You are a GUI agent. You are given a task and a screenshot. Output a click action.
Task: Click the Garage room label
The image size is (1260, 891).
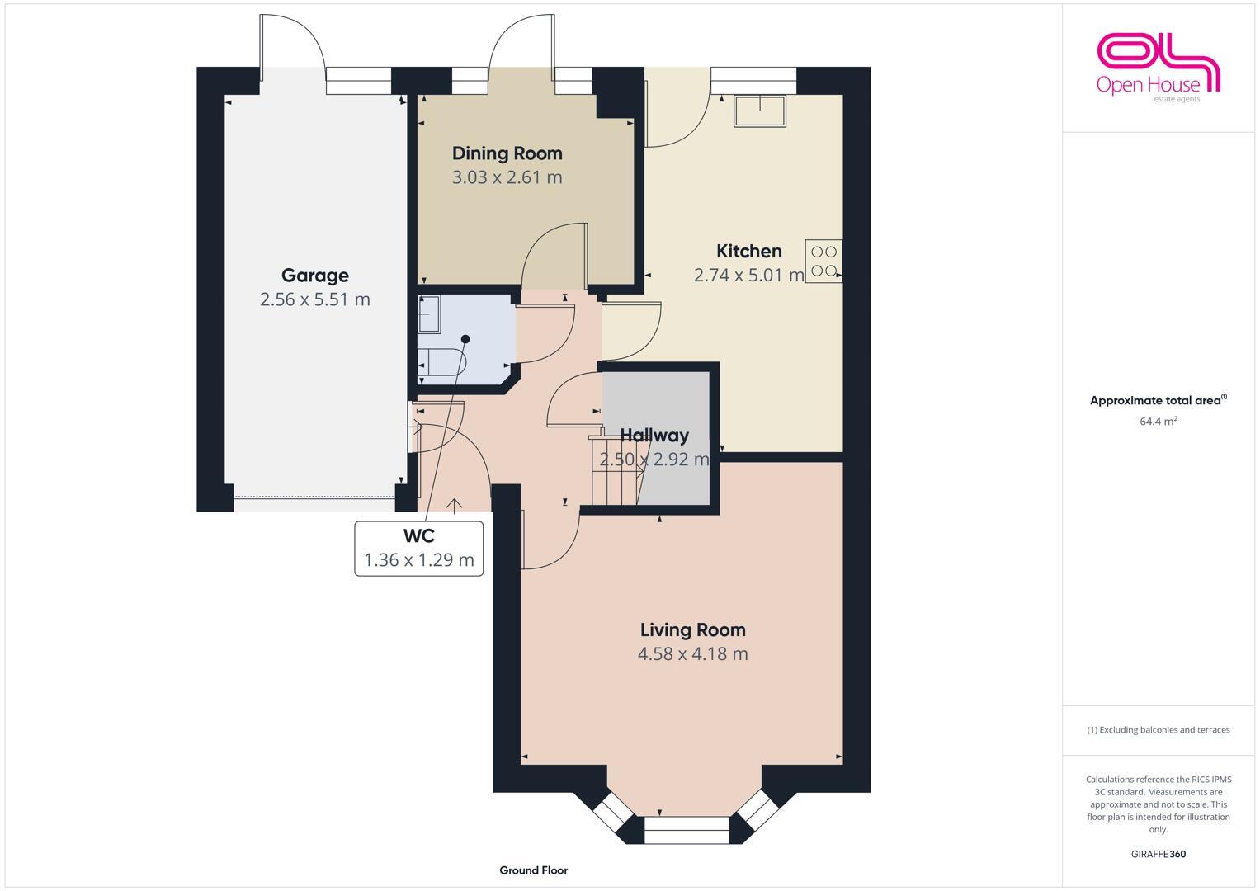[314, 276]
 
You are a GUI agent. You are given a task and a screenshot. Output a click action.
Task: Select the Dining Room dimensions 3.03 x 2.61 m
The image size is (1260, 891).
[507, 177]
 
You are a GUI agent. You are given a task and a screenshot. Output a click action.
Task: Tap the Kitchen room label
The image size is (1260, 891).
[748, 251]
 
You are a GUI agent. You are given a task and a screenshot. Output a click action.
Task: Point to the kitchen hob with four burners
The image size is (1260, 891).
[824, 261]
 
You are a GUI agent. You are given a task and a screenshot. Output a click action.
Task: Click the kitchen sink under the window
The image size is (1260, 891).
[761, 111]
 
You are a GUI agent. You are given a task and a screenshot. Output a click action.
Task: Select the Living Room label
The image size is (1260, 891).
[692, 629]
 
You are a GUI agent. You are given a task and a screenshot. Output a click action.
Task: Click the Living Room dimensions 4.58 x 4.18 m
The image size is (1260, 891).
[692, 654]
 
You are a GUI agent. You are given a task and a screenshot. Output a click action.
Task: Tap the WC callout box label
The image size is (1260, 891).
[418, 536]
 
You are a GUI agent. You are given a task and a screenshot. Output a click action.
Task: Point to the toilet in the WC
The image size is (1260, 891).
[437, 362]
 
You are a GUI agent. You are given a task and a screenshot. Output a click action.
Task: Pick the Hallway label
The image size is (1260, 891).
[654, 435]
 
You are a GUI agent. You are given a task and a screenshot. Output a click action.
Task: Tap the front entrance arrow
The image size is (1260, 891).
[454, 505]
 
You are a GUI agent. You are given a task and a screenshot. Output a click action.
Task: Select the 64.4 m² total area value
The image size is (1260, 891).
[1158, 421]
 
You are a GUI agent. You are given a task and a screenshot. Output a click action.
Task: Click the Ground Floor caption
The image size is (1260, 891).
[533, 870]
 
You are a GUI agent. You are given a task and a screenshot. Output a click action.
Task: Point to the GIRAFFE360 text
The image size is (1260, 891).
[1158, 854]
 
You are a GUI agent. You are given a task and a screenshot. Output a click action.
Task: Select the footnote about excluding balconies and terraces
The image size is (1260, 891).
[1158, 730]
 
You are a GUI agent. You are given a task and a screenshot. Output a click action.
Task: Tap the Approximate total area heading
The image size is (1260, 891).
[1158, 401]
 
